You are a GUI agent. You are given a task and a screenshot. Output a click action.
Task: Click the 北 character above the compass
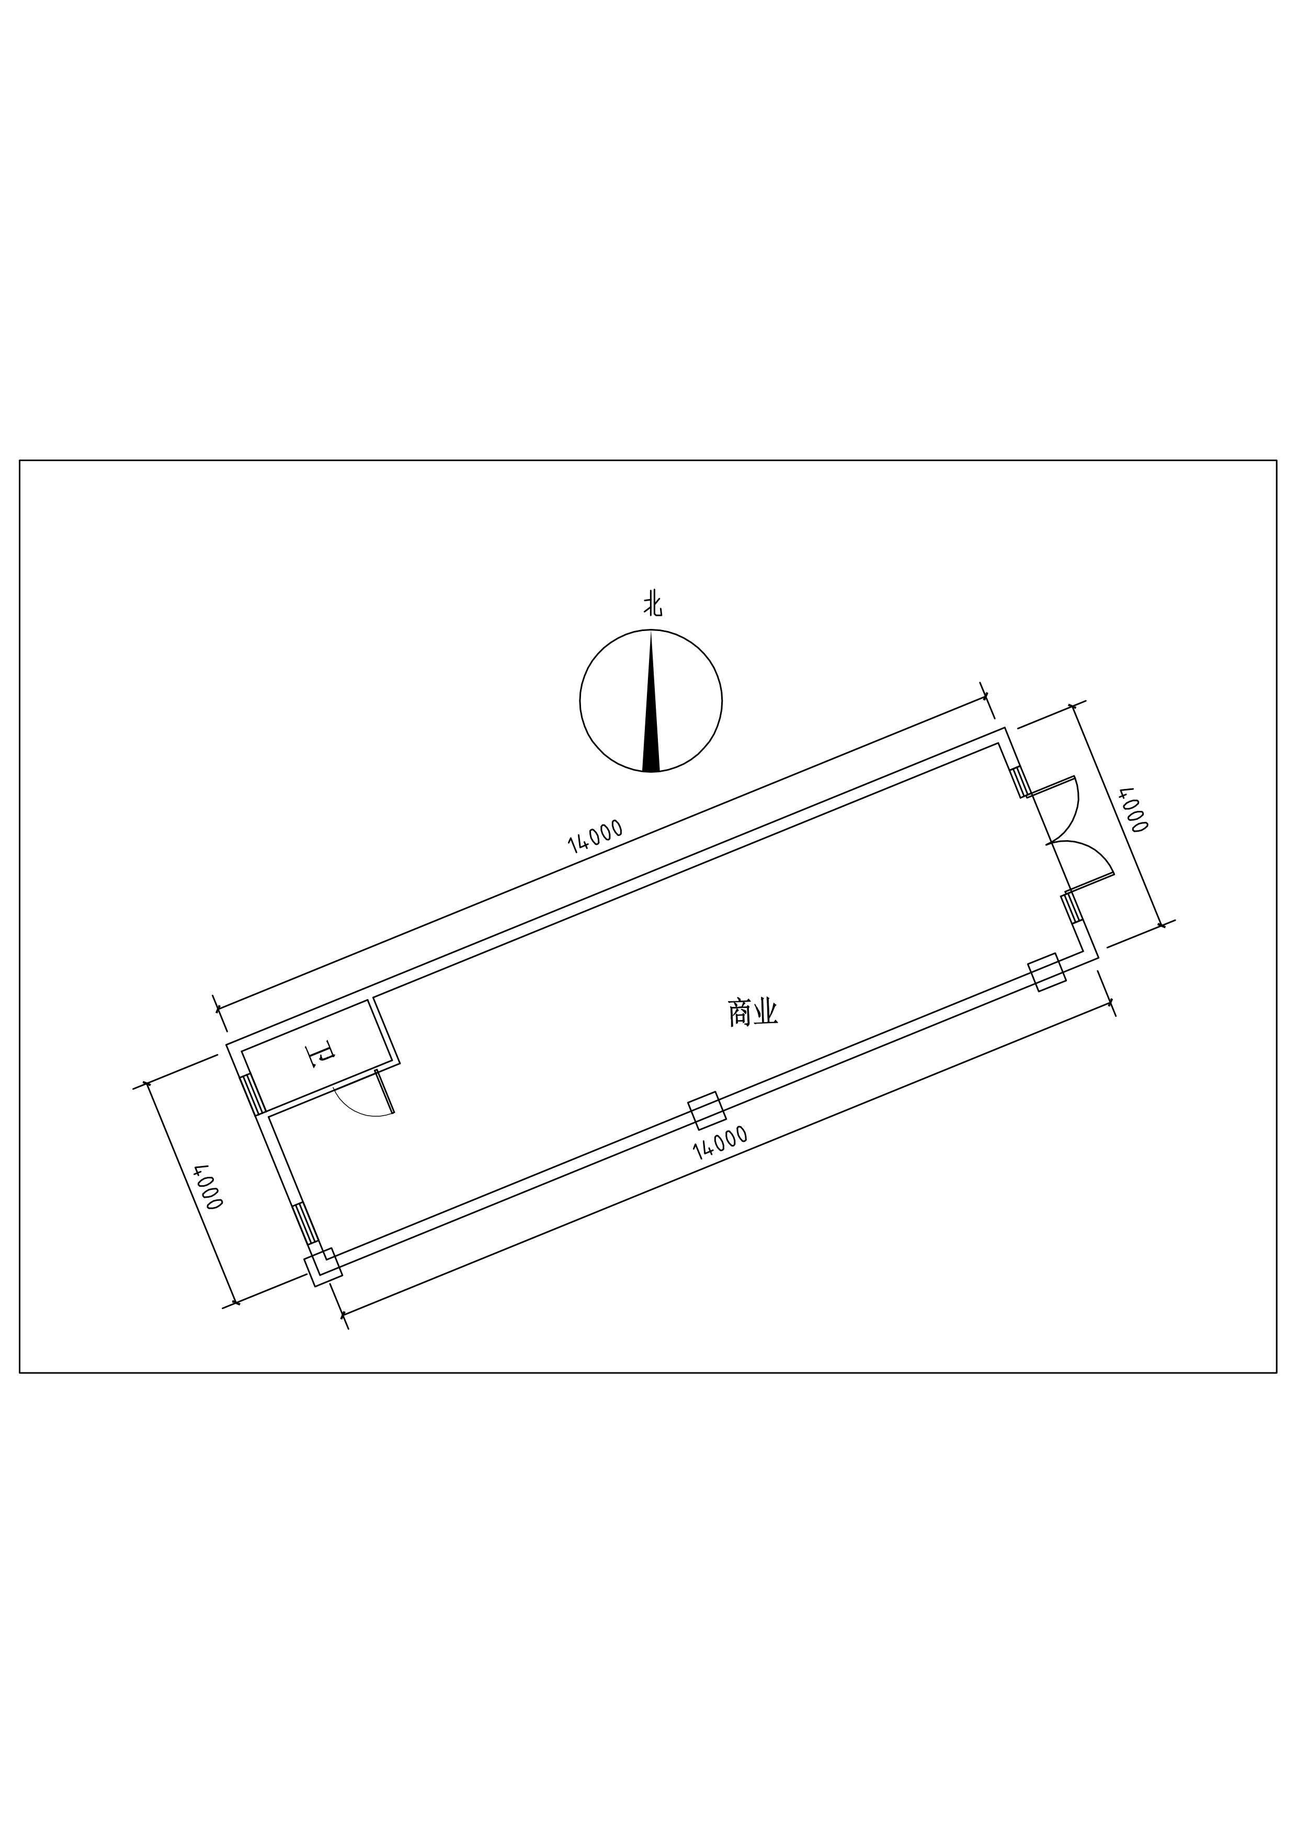coord(653,605)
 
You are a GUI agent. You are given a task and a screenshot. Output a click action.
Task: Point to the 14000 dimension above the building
coord(595,835)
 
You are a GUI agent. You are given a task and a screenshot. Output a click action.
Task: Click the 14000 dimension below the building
coord(720,1143)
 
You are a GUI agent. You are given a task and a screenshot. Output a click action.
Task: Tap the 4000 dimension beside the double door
coord(1133,810)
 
